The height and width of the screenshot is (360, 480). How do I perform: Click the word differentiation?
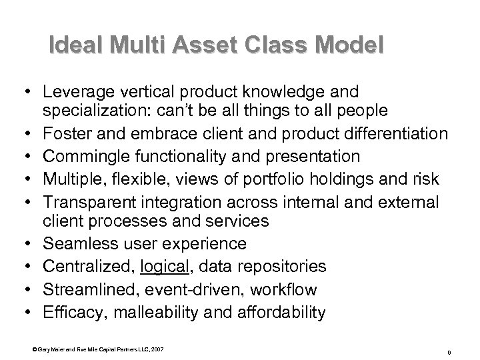395,135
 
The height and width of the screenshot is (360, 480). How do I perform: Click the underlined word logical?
163,267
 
